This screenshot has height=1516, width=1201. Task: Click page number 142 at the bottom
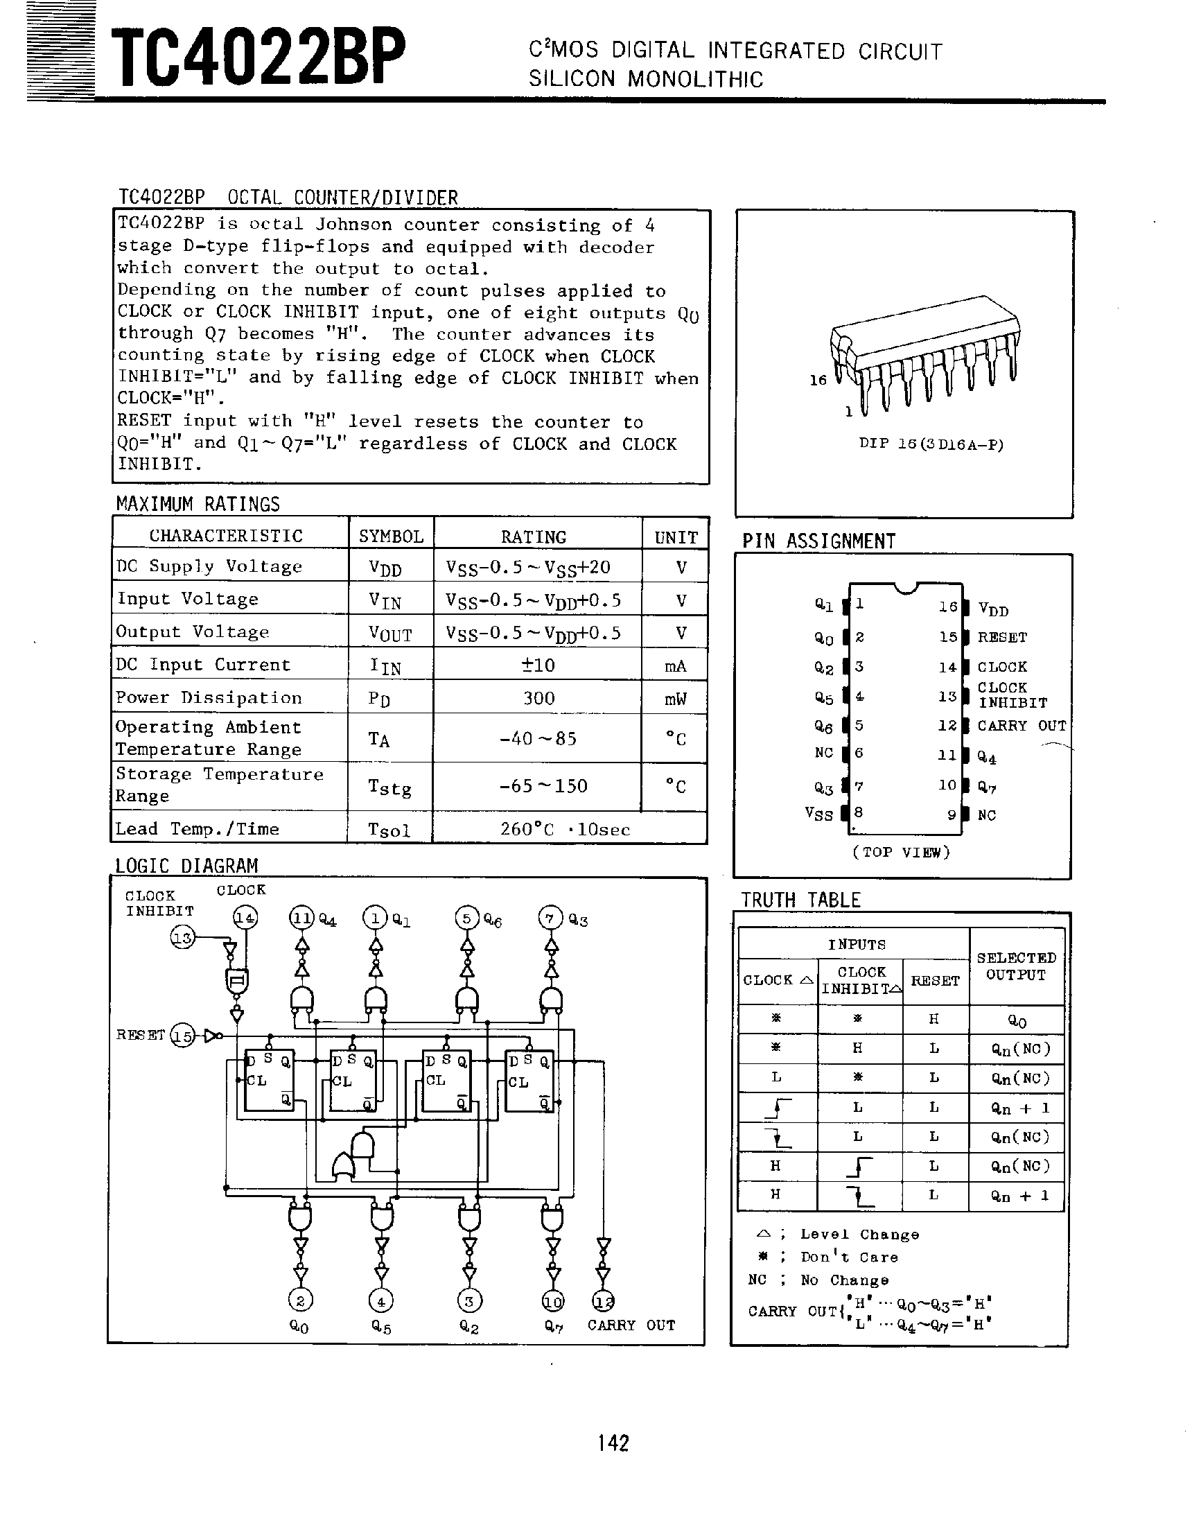613,1443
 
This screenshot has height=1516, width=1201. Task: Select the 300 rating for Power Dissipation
538,698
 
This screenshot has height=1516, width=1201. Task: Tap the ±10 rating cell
538,665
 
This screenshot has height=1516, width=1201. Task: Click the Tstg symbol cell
389,787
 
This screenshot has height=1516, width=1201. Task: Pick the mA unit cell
675,666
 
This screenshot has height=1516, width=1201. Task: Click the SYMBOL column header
391,537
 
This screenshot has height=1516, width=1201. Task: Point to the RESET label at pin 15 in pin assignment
1002,637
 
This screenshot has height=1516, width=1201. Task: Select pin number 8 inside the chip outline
859,812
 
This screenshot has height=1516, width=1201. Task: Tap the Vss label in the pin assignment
818,814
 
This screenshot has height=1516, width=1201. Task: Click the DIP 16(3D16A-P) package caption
931,444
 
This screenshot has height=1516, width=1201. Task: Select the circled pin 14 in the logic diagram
245,918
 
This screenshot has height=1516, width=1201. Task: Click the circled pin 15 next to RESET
183,1036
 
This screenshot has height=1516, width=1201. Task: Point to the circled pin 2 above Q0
300,1301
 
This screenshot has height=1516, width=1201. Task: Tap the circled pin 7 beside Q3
550,918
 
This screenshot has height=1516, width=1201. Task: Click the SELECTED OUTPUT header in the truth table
1016,966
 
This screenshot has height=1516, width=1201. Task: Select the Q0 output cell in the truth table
1017,1021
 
